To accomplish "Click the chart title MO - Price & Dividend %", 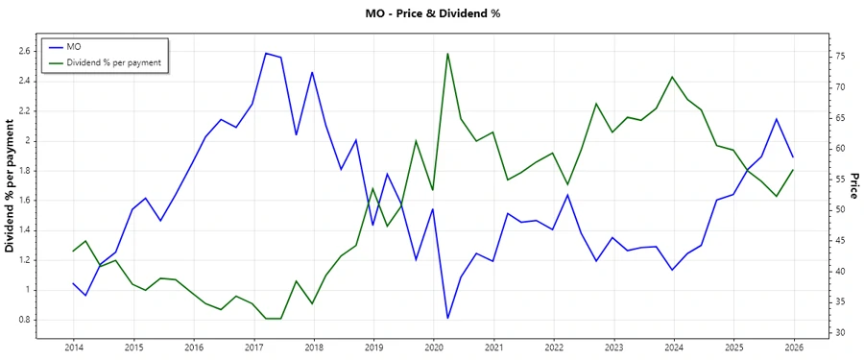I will pyautogui.click(x=432, y=13).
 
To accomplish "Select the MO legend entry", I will pyautogui.click(x=74, y=46).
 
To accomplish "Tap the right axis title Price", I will pyautogui.click(x=853, y=192).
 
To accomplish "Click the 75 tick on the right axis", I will pyautogui.click(x=813, y=57).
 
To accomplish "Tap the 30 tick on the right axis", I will pyautogui.click(x=813, y=333).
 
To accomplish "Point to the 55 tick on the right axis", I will pyautogui.click(x=813, y=180).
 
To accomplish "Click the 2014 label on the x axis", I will pyautogui.click(x=74, y=348).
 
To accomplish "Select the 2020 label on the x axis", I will pyautogui.click(x=434, y=348).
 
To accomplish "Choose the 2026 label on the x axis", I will pyautogui.click(x=793, y=348).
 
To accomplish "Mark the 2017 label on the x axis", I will pyautogui.click(x=253, y=348).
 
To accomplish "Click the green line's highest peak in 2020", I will pyautogui.click(x=448, y=54).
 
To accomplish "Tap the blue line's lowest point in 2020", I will pyautogui.click(x=448, y=318).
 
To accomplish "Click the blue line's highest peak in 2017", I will pyautogui.click(x=266, y=53).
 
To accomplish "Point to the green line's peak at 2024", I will pyautogui.click(x=672, y=77).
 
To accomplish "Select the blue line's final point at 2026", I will pyautogui.click(x=793, y=156).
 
